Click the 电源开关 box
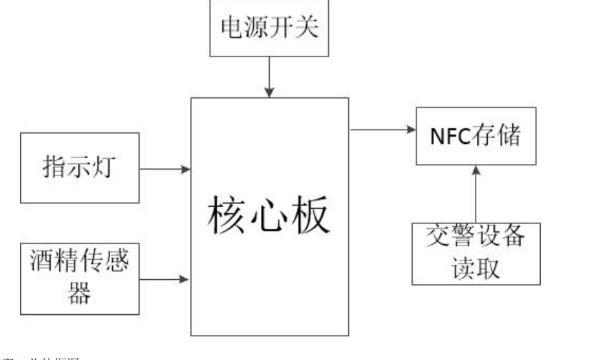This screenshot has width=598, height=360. pos(270,29)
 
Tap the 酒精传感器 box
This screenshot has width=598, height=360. pos(78,276)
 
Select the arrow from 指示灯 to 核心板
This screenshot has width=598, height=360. pos(165,170)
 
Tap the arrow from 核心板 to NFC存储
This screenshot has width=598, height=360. pos(383,130)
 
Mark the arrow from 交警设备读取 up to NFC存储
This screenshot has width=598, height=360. pos(476,193)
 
